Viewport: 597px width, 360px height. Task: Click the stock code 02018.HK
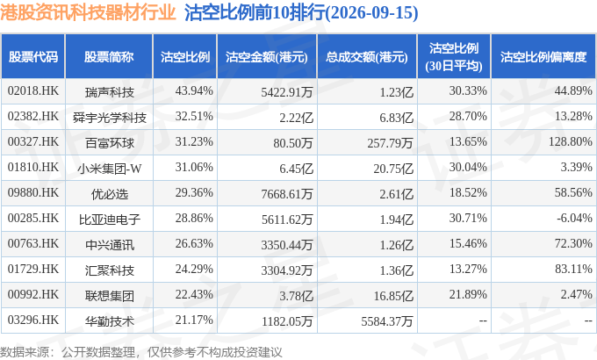point(33,90)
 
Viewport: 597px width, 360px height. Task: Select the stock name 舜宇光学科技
point(109,118)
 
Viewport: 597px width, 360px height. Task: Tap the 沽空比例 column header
point(185,57)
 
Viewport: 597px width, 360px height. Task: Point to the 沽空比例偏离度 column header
point(543,57)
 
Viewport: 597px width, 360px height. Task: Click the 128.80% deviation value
point(571,141)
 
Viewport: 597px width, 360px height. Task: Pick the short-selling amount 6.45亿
point(296,169)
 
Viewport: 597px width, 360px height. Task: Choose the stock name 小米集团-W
point(109,169)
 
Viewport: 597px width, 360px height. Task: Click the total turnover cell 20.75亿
point(393,169)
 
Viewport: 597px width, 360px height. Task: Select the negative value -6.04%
point(574,218)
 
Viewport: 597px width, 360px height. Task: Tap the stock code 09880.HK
point(33,192)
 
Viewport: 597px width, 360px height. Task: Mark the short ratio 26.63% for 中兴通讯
point(194,243)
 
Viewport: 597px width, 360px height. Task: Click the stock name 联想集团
point(109,296)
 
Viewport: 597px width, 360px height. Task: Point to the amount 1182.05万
point(287,321)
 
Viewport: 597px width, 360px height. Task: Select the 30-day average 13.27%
point(468,269)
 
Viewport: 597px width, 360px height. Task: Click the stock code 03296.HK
point(33,320)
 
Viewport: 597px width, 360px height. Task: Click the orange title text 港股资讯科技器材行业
point(88,12)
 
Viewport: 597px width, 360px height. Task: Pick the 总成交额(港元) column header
point(367,57)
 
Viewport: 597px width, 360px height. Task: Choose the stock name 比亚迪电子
point(109,220)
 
